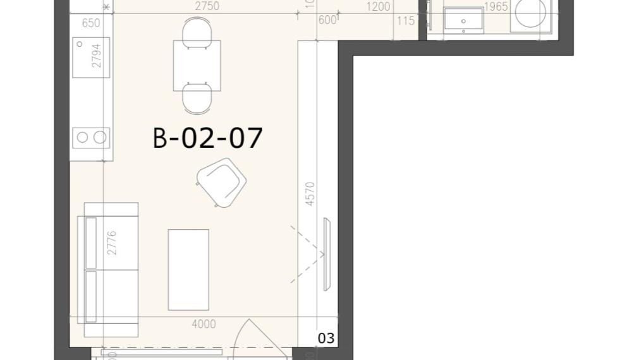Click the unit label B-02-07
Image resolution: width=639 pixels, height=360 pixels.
[207, 138]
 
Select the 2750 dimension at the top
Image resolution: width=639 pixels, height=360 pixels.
[207, 6]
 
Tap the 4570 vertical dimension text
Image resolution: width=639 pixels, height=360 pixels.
[310, 194]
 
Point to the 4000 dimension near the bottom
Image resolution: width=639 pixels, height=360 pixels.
[204, 324]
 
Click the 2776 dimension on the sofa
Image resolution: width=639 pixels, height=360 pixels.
[112, 243]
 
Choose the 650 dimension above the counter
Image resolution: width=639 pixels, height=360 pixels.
[91, 23]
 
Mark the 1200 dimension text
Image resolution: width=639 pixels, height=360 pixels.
[378, 7]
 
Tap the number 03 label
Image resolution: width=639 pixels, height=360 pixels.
[326, 339]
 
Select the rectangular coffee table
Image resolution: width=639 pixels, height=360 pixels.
[188, 270]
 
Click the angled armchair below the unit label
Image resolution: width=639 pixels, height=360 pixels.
[221, 183]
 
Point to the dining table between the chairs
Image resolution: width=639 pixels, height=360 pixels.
[197, 66]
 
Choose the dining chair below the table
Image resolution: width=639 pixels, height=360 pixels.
[197, 99]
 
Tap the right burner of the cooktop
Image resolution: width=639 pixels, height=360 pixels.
[100, 138]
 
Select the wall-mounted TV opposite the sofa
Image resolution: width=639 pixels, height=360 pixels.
[327, 254]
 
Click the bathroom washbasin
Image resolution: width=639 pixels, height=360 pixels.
[464, 21]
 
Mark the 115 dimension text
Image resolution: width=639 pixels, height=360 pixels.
[405, 21]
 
